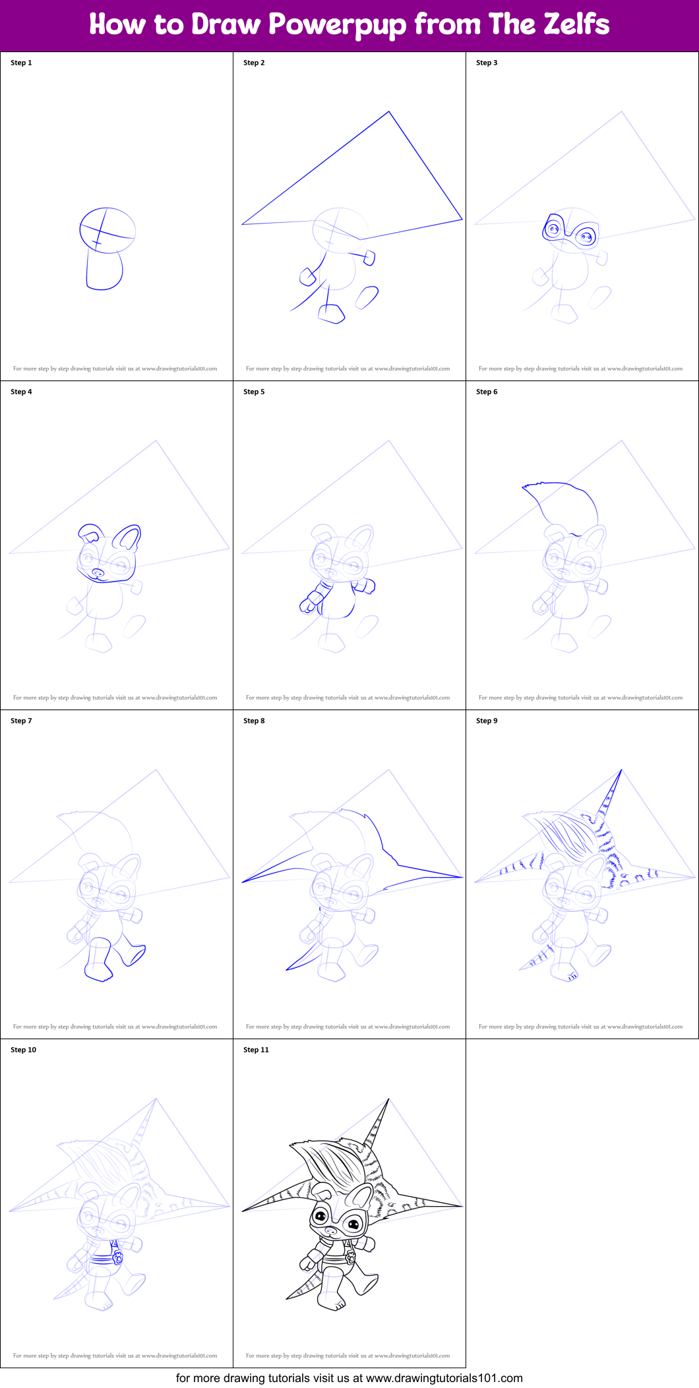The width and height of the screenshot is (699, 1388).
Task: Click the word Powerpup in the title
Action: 337,25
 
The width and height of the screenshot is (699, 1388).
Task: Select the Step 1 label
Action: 21,63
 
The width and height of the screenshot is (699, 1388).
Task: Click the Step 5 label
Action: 254,392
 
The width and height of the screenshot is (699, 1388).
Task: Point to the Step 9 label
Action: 487,721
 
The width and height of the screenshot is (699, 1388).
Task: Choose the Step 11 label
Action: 256,1050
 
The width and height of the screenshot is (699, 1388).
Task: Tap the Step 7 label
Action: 21,721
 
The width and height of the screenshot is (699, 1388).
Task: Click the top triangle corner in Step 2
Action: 389,112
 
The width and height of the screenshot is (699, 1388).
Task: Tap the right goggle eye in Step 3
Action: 585,235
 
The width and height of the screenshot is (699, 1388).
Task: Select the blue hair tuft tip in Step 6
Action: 524,487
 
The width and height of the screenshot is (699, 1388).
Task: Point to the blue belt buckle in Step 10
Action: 117,1257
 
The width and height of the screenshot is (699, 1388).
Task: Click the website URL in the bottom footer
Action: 444,1377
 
